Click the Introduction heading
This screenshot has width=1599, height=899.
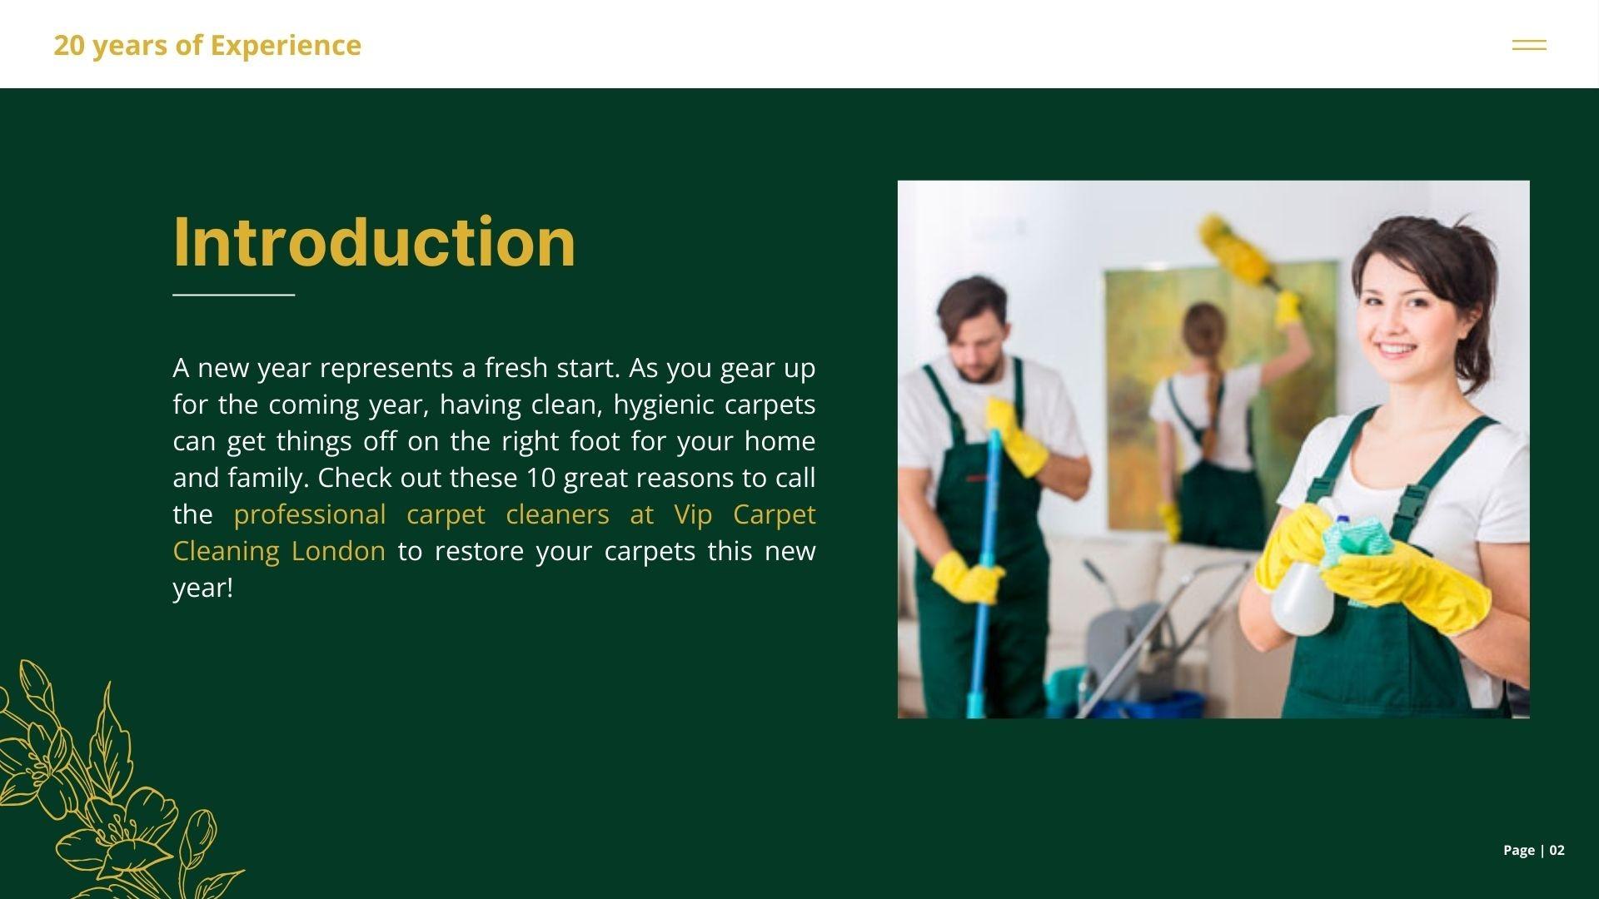tap(374, 241)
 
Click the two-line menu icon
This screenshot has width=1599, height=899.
tap(1529, 45)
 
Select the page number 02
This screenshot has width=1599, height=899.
tap(1557, 850)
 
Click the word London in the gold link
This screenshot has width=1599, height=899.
tap(338, 551)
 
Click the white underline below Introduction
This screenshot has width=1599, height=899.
tap(234, 294)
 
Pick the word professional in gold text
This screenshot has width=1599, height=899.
tap(310, 515)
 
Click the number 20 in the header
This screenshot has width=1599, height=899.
tap(69, 45)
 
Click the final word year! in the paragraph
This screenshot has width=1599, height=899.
tap(203, 589)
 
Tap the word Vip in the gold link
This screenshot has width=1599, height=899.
tap(693, 515)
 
